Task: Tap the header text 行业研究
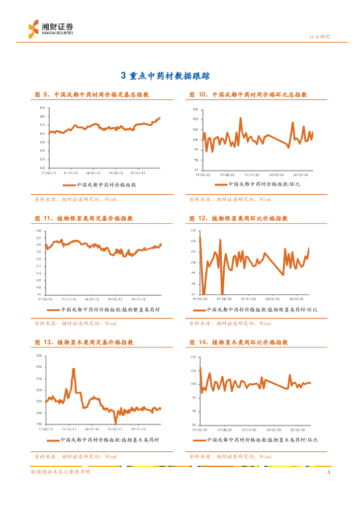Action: (320, 37)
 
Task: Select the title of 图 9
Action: (92, 94)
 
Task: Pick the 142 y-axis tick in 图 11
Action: (39, 231)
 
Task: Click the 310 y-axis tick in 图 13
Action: (39, 356)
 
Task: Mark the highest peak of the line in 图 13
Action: (74, 369)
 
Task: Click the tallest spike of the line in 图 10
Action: (241, 118)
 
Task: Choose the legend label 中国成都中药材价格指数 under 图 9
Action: (106, 184)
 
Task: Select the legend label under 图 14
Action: (262, 440)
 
